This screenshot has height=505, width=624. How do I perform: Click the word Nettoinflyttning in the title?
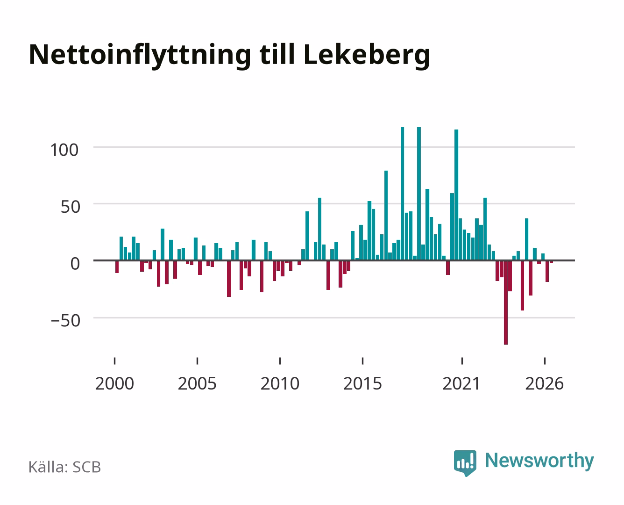click(140, 56)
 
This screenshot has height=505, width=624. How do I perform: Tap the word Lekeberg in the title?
click(367, 56)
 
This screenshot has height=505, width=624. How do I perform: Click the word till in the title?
click(277, 54)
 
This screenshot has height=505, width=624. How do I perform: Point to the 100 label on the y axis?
click(64, 150)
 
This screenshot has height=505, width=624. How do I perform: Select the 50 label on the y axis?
click(71, 207)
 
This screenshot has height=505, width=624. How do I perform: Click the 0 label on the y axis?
click(75, 264)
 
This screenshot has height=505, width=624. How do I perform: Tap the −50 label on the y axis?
click(65, 321)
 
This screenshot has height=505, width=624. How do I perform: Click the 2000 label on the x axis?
click(114, 383)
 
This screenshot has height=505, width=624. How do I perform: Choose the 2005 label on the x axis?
click(197, 383)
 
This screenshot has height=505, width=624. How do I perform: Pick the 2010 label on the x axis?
click(280, 383)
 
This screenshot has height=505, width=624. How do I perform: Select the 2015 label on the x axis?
click(363, 383)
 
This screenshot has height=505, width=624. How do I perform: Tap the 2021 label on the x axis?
click(461, 383)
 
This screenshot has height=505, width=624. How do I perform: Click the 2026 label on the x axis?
click(544, 383)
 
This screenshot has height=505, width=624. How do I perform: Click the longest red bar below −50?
click(506, 303)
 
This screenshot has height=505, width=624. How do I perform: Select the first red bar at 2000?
click(117, 267)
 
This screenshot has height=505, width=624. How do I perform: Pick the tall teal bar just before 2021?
click(456, 195)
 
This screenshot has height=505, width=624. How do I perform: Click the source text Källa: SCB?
click(64, 467)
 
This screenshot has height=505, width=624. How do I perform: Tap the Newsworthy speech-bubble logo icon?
click(465, 463)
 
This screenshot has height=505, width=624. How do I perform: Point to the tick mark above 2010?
click(280, 361)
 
